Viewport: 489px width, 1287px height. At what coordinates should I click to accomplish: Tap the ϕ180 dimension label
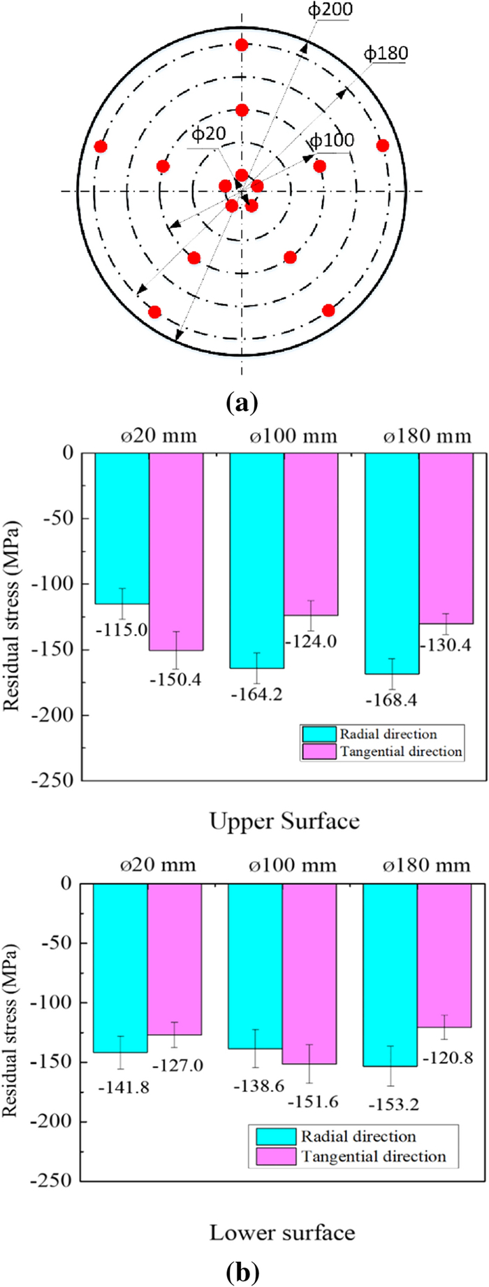[x=386, y=54]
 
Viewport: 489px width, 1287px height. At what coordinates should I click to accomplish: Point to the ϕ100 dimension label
[x=332, y=141]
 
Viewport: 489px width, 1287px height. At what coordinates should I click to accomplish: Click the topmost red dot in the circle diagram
[x=242, y=45]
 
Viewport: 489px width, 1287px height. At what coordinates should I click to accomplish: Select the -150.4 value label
[x=175, y=679]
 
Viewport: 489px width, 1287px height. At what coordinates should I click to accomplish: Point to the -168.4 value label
[x=392, y=700]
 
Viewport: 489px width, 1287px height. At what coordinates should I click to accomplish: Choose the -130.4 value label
[x=445, y=645]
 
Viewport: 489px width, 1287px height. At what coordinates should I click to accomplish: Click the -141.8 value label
[x=124, y=1087]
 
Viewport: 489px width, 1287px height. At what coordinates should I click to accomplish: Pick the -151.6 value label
[x=312, y=1102]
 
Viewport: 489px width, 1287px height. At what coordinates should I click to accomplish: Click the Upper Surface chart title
[x=284, y=821]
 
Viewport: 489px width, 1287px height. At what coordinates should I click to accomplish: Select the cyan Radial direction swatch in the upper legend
[x=319, y=734]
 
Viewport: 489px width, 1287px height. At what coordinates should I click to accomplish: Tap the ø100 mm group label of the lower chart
[x=293, y=865]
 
